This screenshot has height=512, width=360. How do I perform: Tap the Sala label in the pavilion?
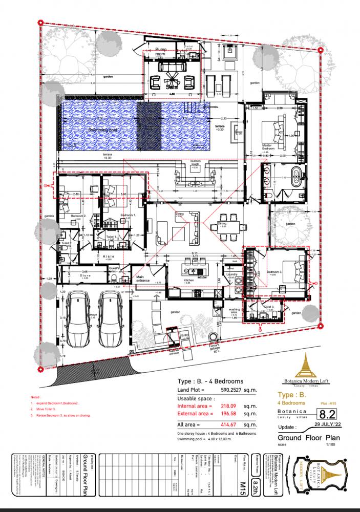pos(171,87)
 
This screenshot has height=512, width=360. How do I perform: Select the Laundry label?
pos(230,274)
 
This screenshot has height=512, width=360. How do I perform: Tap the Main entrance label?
pos(143,280)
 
